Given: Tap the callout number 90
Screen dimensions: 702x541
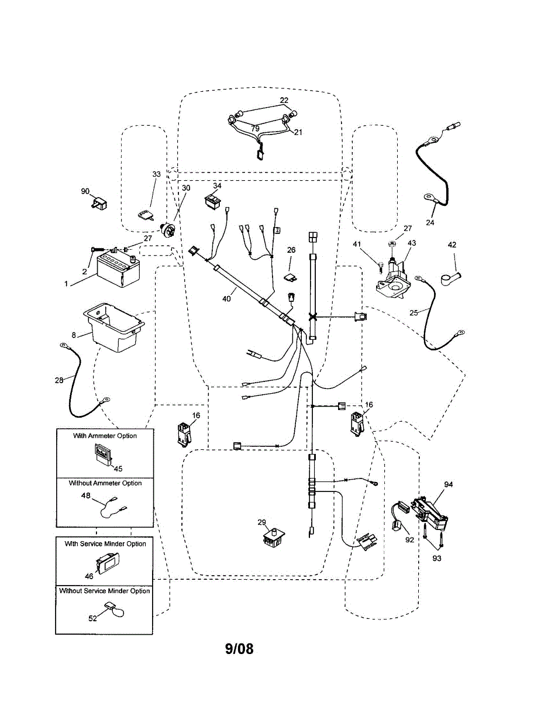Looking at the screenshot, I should coord(85,191).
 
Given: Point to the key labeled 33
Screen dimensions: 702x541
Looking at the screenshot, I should coord(145,216).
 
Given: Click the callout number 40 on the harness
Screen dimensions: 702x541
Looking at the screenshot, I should coord(226,298).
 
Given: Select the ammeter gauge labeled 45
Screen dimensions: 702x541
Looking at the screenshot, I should coord(103,453).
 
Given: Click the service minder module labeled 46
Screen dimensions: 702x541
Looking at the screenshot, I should coord(108,563).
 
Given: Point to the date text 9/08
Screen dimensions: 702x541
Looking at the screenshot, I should coord(239,649).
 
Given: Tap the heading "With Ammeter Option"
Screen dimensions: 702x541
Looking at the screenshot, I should coord(105,436).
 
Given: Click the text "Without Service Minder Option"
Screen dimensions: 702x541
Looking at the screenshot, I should coord(105,591).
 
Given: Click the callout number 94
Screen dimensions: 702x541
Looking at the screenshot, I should coord(449,484).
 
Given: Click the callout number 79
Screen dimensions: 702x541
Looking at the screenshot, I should coord(255,128).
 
